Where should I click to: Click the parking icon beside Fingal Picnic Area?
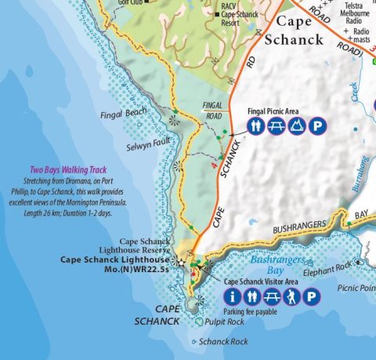click(319, 126)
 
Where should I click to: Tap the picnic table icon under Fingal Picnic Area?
click(277, 126)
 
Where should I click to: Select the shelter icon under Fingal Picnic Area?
click(298, 126)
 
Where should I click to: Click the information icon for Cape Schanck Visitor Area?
click(232, 297)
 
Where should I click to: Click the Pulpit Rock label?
click(225, 322)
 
